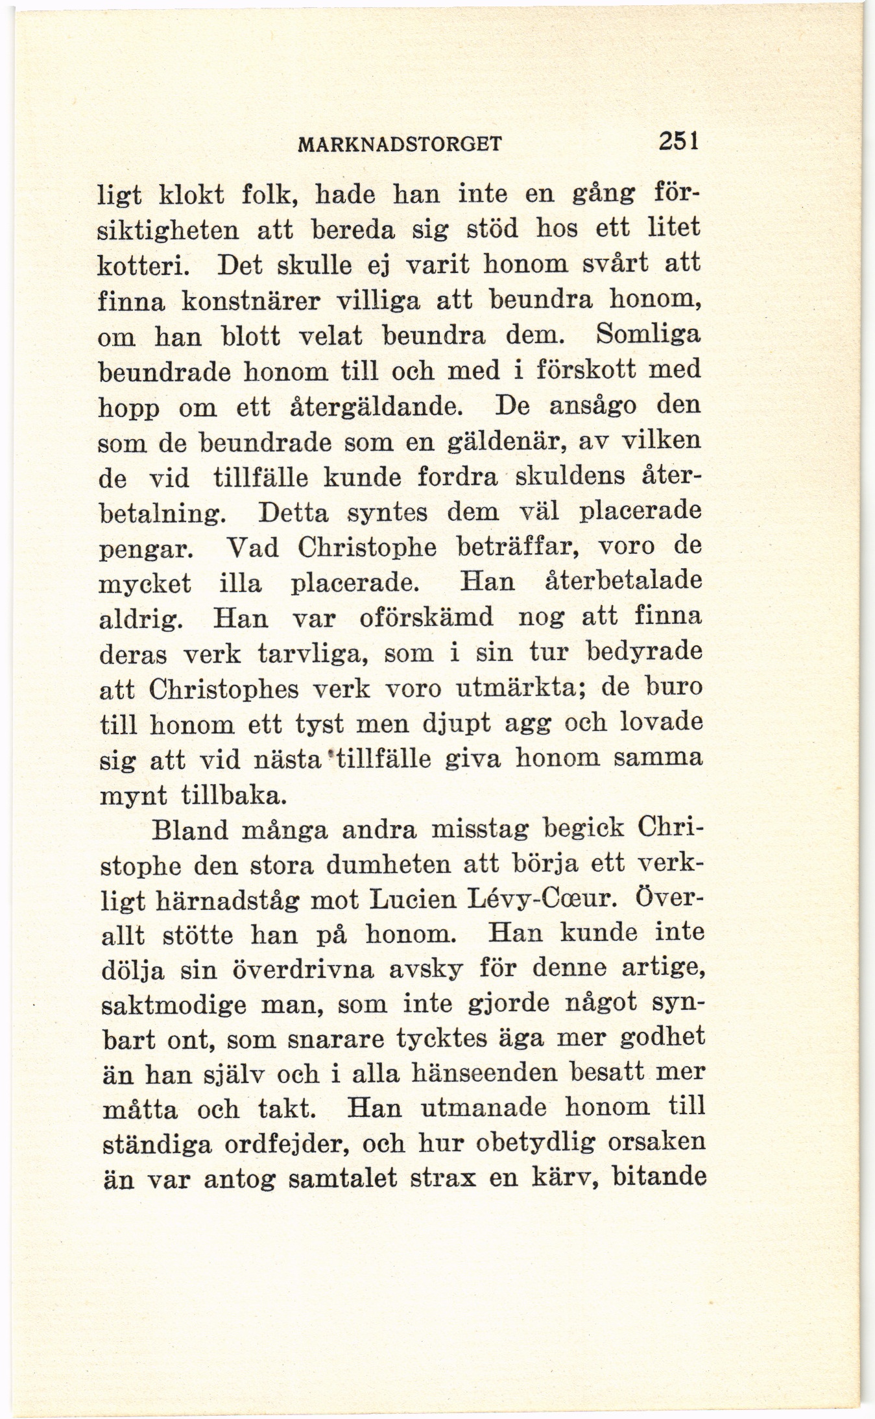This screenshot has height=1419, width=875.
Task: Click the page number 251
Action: pos(677,141)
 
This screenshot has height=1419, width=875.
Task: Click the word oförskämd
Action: pos(426,617)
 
